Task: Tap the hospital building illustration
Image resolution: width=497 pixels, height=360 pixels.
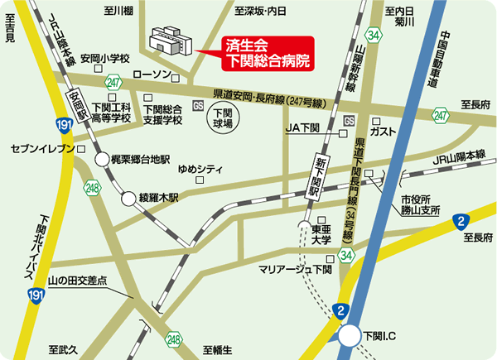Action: [x=171, y=41]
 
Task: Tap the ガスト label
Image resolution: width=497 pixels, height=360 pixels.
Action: [x=384, y=132]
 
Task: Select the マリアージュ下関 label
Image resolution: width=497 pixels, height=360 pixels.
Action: [x=295, y=271]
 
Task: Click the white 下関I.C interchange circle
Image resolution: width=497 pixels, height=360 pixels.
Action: [x=350, y=335]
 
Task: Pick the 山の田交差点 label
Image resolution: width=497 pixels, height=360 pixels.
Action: [x=79, y=281]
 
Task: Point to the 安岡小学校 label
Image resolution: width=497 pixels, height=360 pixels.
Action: [x=106, y=60]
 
